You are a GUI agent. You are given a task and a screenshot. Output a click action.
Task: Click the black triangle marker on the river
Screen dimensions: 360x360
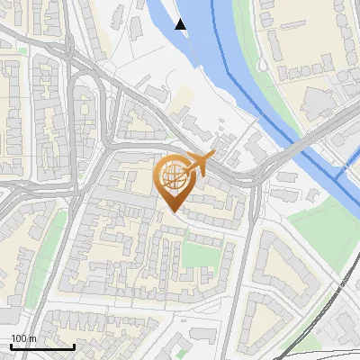[181, 24]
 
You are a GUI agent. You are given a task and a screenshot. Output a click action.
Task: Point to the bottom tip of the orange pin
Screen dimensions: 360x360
[173, 211]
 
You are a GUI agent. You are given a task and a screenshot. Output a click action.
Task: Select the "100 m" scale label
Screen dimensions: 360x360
[23, 338]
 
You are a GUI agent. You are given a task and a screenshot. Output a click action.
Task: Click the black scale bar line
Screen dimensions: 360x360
[41, 346]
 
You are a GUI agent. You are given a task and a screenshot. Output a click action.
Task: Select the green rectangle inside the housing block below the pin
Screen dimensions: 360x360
[200, 254]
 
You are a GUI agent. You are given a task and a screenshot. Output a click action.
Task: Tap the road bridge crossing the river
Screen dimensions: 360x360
[297, 148]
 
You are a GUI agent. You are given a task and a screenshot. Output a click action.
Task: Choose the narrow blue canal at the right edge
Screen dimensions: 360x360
[346, 180]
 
